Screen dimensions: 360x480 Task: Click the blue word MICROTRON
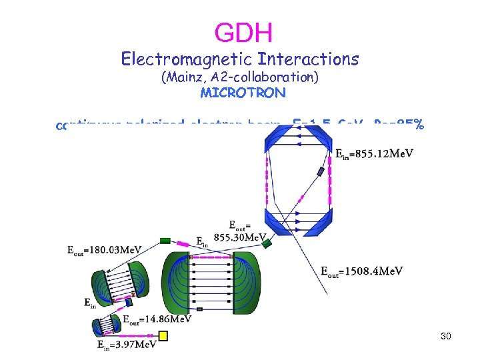(x=243, y=93)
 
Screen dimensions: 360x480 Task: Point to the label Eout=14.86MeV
(x=157, y=319)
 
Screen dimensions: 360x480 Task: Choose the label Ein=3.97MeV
(x=127, y=344)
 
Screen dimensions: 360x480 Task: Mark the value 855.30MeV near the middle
(x=239, y=237)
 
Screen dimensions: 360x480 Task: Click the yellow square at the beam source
(x=163, y=337)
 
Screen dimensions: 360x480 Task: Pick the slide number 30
(x=446, y=337)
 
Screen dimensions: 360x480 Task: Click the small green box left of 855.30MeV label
(x=166, y=241)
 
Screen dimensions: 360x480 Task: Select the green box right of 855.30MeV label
(x=267, y=244)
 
